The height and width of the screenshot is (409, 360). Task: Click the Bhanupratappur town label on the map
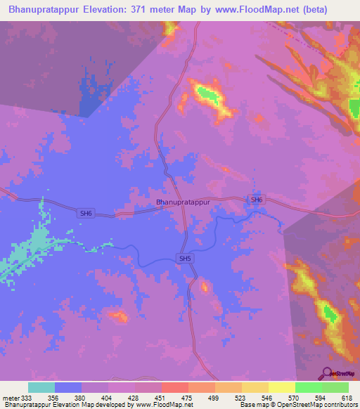coord(183,202)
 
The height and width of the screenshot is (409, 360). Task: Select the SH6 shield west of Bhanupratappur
coord(86,213)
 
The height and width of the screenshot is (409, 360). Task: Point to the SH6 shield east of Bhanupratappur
coord(257,200)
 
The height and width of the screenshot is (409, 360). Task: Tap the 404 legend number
coord(108,398)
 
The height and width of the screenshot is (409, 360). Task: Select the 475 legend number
coord(188,398)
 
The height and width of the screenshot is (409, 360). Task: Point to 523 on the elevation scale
coord(241,398)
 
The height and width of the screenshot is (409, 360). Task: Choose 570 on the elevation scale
coord(295,398)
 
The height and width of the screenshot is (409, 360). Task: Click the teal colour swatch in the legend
coord(41,387)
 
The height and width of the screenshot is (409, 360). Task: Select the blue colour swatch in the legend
coord(67,387)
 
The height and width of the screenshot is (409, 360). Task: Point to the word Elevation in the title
coord(108,9)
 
